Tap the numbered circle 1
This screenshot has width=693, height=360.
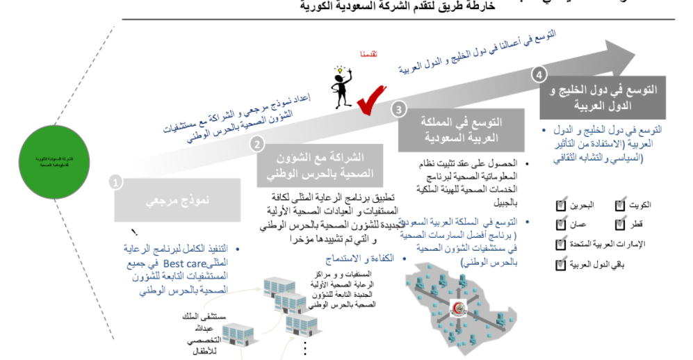click(116, 181)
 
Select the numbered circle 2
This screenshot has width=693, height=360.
click(257, 144)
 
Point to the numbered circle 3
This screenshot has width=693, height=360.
click(398, 109)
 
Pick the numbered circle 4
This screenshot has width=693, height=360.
click(539, 74)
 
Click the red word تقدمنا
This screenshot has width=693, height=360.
click(369, 54)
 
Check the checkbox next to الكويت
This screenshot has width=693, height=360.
click(621, 206)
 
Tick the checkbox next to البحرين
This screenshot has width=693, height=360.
click(561, 206)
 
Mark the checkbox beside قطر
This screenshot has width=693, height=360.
click(621, 224)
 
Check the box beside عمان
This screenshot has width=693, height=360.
click(561, 224)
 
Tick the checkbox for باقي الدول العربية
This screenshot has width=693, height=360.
click(561, 264)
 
